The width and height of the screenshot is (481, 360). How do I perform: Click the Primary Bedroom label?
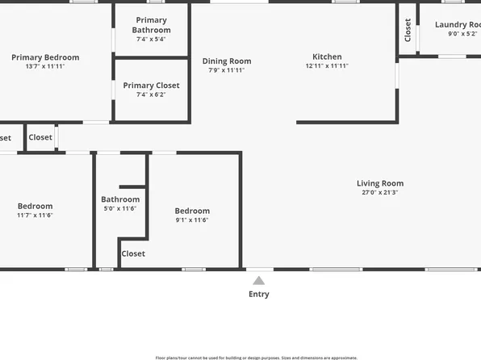(x=45, y=57)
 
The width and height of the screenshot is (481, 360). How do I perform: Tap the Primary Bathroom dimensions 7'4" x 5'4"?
(x=152, y=39)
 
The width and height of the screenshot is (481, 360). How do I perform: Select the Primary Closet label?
(x=151, y=86)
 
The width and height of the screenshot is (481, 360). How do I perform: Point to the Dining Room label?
(x=227, y=61)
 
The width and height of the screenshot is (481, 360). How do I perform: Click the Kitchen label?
(x=327, y=57)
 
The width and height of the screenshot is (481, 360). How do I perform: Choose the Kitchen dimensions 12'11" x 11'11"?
(x=327, y=66)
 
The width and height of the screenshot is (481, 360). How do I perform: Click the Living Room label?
(x=381, y=183)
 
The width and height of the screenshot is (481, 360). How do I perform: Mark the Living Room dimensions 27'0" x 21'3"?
(x=381, y=193)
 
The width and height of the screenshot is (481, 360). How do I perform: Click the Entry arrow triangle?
(x=258, y=281)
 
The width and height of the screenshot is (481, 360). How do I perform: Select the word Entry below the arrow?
(x=258, y=295)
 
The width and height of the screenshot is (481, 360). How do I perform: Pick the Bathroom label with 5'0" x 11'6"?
(x=120, y=199)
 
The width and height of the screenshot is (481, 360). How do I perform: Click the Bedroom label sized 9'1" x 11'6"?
(x=192, y=211)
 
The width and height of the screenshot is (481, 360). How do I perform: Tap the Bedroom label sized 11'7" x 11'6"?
(x=35, y=207)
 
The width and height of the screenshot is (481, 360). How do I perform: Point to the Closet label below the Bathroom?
(x=133, y=253)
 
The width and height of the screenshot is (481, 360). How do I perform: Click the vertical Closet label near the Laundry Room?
(x=408, y=31)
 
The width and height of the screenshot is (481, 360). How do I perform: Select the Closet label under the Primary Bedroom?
(x=40, y=137)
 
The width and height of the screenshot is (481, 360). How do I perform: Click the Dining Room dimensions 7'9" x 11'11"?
(x=227, y=70)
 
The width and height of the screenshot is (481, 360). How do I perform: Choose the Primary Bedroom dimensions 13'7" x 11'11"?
(x=45, y=66)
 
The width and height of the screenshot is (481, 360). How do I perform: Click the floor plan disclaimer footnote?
(x=256, y=357)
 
